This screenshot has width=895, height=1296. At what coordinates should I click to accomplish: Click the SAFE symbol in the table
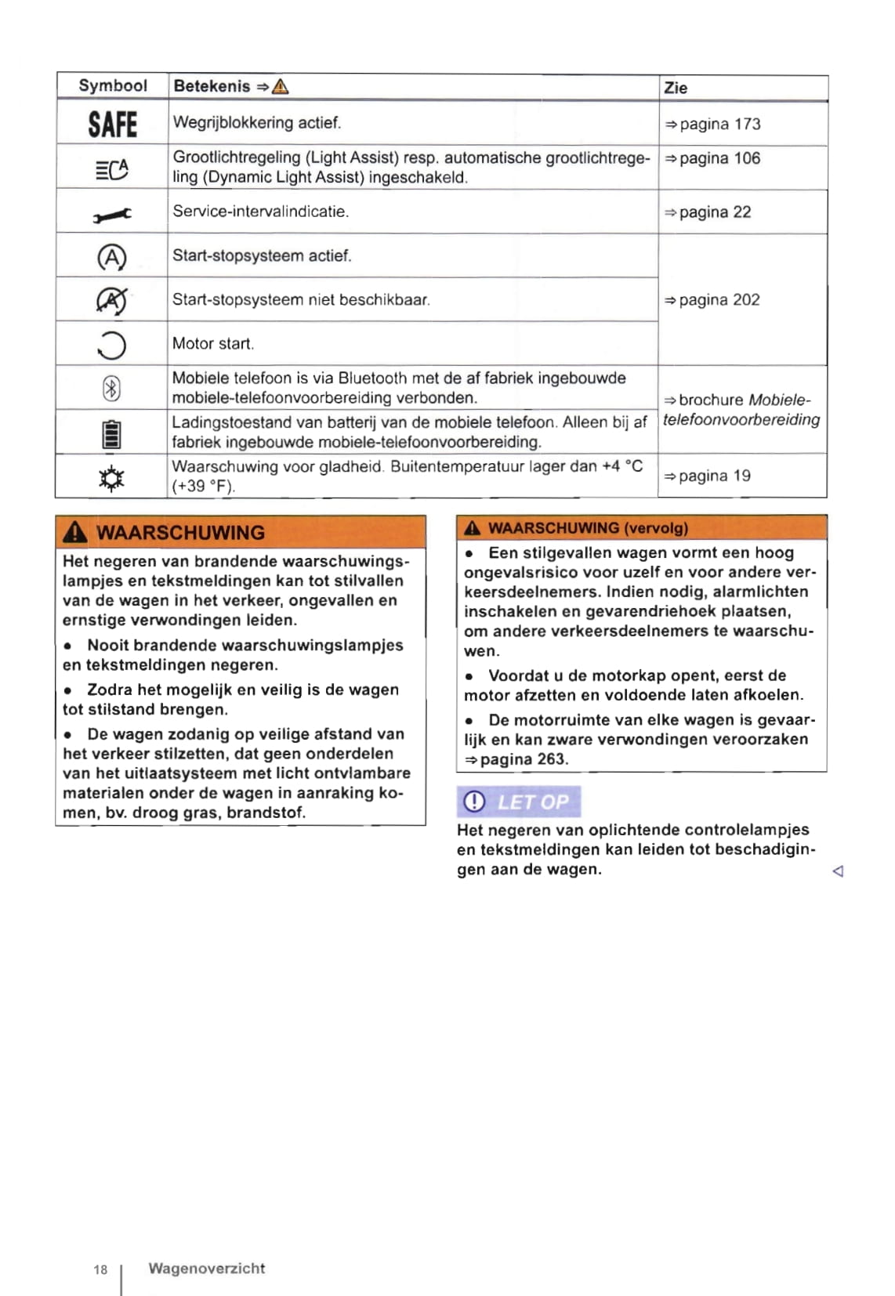point(112,124)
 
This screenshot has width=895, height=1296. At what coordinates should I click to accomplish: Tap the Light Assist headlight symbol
point(111,168)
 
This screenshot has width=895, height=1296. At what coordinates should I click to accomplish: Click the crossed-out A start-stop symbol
point(111,300)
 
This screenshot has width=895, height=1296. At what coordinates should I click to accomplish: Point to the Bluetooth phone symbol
point(111,388)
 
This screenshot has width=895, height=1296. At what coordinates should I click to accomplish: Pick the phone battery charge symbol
point(111,433)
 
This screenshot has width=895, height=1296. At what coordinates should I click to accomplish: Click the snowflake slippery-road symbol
point(111,477)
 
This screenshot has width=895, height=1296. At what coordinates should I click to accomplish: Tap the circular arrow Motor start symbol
point(111,344)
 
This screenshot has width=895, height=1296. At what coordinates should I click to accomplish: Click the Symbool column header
point(112,85)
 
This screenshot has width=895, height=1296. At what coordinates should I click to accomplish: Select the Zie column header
point(676,88)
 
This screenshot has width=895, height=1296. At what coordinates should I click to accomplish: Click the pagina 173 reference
point(712,124)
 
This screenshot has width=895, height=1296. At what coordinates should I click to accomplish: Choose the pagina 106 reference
point(712,158)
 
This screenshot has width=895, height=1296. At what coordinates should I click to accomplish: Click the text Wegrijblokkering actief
point(256,123)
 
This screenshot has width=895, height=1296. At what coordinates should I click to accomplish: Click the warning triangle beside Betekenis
point(280,86)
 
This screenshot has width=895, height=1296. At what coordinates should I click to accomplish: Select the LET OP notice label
point(519,802)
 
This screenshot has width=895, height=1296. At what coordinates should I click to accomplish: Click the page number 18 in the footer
point(100,1269)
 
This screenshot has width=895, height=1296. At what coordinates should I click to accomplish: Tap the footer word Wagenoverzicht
point(207,1268)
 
